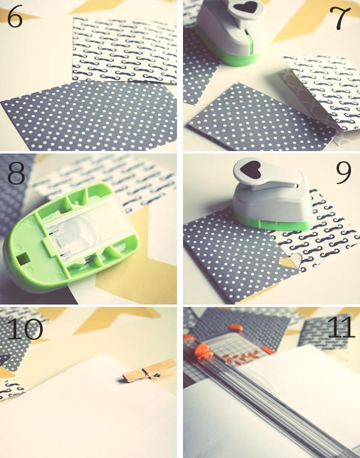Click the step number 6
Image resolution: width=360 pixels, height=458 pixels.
point(14,17)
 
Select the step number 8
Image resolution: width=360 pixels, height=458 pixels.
point(16,173)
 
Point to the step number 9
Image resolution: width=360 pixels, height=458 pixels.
point(343,173)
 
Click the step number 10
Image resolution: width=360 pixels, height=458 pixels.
point(25,329)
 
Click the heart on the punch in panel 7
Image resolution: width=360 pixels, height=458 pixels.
point(246,7)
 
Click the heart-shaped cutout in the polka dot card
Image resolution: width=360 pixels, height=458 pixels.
point(290,261)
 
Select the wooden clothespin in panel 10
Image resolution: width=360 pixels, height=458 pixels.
point(149,371)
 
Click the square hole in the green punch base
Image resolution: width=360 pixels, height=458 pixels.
point(22,258)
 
